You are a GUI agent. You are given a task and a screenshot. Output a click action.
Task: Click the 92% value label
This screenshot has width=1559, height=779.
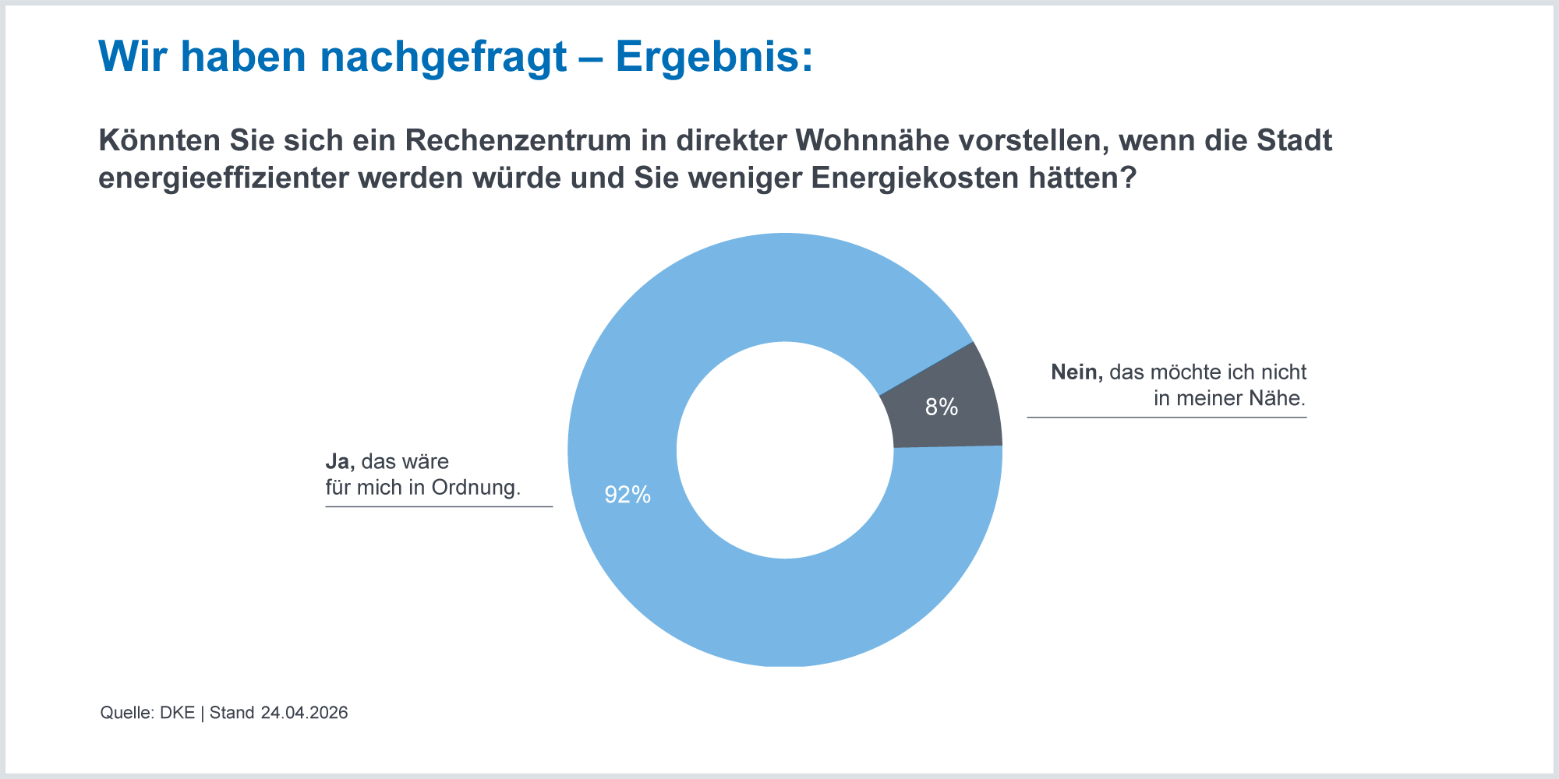(x=627, y=495)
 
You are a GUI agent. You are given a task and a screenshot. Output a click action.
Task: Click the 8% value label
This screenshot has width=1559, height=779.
(x=941, y=407)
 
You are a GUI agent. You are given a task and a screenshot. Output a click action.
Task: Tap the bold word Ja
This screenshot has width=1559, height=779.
(x=340, y=461)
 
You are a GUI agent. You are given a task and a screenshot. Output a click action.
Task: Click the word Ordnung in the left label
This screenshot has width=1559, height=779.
(x=475, y=488)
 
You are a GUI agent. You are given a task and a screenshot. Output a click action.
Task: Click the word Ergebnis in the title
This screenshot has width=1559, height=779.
(x=713, y=57)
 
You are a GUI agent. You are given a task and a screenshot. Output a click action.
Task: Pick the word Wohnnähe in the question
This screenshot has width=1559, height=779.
(x=872, y=140)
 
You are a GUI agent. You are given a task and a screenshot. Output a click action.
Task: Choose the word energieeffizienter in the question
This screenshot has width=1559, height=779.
(x=223, y=178)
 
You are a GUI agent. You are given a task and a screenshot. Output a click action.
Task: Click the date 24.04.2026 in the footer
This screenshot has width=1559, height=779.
(x=304, y=713)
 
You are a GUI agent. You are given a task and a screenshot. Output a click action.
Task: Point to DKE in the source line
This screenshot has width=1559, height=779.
(x=177, y=713)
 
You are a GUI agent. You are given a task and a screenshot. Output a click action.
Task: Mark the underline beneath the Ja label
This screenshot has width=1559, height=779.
(x=439, y=507)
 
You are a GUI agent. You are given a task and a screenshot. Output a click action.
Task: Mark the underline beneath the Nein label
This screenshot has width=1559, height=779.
(x=1166, y=418)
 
